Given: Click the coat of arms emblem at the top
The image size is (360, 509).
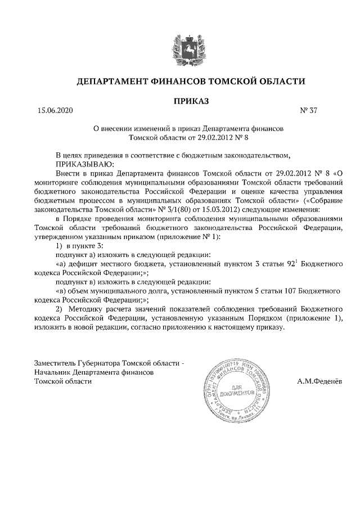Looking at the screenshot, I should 180,45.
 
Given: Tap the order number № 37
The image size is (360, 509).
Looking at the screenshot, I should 309,111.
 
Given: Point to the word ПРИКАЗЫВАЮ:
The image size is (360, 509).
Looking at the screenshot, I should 85,164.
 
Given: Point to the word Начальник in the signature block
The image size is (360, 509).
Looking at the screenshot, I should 53,372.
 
